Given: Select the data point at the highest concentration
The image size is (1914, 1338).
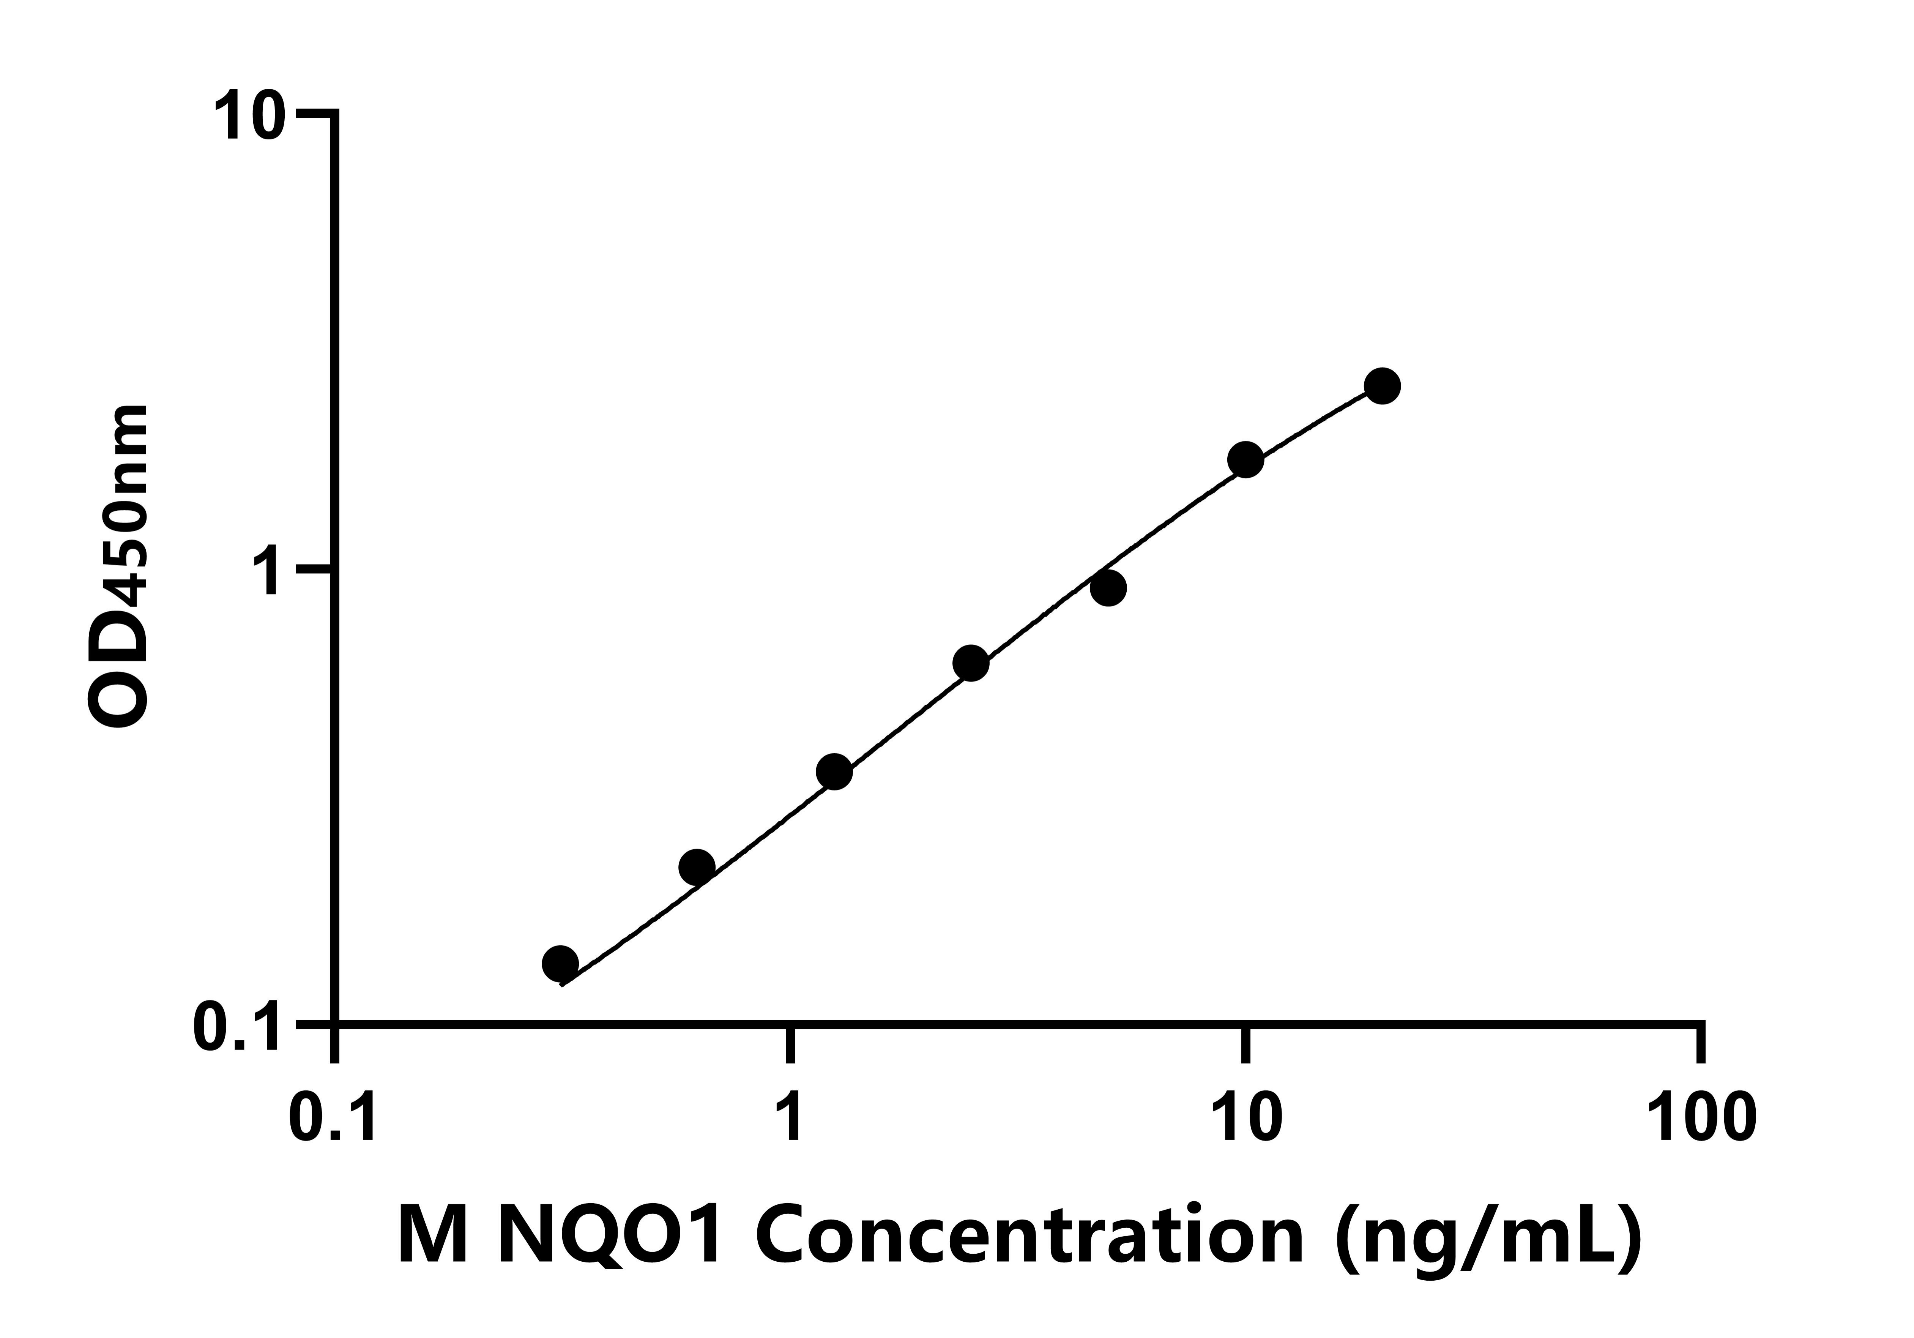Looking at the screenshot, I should (1382, 386).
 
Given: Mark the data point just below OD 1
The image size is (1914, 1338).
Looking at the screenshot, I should (1108, 588).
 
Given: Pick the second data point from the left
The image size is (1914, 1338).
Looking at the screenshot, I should (697, 867).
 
